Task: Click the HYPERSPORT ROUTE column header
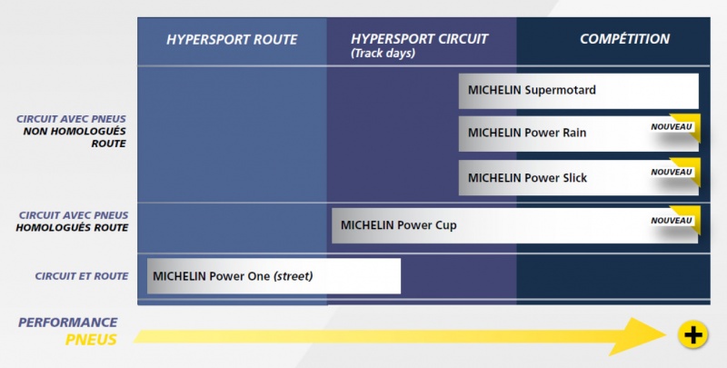point(232,39)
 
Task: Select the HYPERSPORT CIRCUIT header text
point(419,39)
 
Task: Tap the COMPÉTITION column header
point(624,38)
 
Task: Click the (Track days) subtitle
point(383,54)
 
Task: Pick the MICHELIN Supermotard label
point(532,90)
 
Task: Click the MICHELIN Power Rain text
point(527,133)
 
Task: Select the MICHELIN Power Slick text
point(527,178)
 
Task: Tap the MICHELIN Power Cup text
point(399,225)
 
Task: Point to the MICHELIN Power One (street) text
point(233,276)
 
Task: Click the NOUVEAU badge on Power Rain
point(671,127)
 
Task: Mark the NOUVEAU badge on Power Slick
point(671,172)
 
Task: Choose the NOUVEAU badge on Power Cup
point(671,221)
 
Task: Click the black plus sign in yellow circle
point(692,334)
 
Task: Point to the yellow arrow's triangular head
point(642,336)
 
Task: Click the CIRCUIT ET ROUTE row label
point(82,276)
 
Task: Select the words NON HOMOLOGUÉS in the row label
point(75,131)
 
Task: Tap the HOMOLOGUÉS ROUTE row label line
point(72,227)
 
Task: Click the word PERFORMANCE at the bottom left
point(67,323)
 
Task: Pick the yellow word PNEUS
point(91,340)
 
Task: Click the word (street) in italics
point(293,276)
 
